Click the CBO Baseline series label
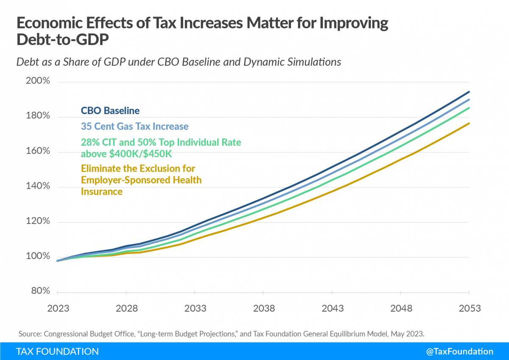click(x=110, y=111)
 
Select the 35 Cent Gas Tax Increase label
click(x=134, y=126)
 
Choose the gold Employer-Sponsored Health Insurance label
click(x=141, y=180)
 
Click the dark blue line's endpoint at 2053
click(x=469, y=92)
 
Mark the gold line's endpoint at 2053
click(x=469, y=123)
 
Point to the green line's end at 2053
click(x=469, y=108)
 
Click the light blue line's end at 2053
click(x=469, y=100)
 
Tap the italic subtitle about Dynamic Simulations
click(x=179, y=62)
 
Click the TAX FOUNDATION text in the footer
click(x=57, y=352)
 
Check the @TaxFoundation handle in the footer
click(x=463, y=352)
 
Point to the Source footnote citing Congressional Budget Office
click(x=221, y=334)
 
